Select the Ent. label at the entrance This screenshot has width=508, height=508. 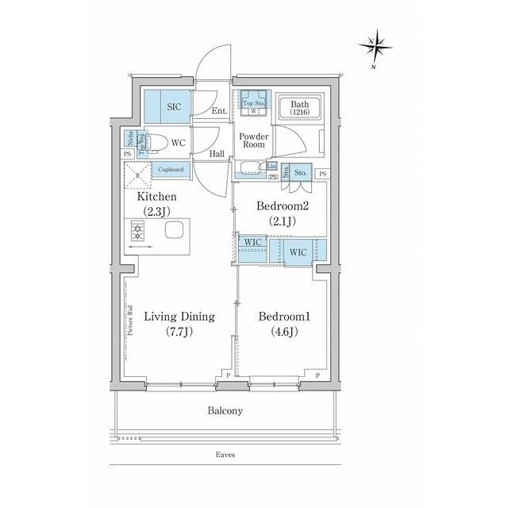[220, 112]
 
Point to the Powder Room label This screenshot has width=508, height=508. [253, 140]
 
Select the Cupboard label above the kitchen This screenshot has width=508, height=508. [171, 169]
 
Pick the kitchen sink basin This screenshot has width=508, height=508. [174, 231]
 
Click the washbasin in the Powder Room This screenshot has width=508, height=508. [250, 167]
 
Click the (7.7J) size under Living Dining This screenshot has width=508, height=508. [179, 332]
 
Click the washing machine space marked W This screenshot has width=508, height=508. [253, 111]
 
